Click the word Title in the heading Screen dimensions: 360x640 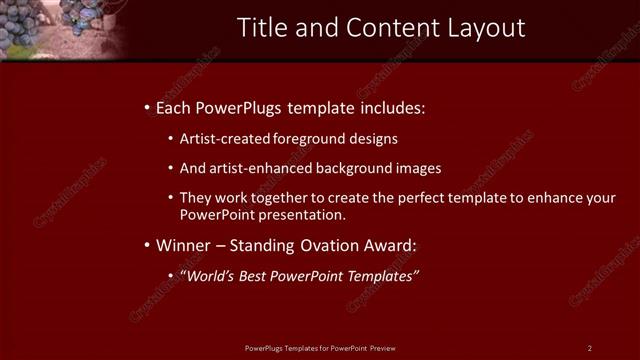(261, 27)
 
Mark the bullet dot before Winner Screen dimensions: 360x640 (147, 245)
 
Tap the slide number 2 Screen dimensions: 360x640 (590, 347)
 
